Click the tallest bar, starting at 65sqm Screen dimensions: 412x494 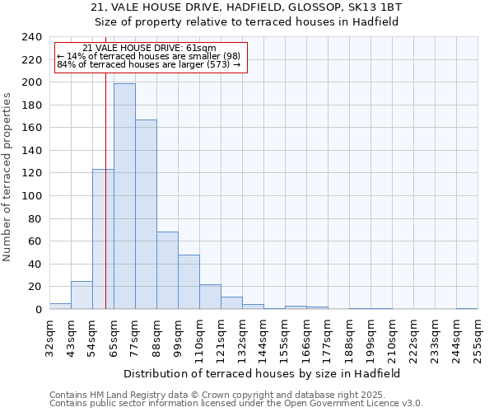click(124, 196)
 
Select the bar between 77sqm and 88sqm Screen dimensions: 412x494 click(146, 214)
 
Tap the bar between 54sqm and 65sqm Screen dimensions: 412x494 click(103, 239)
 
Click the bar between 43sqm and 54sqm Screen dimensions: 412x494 click(82, 295)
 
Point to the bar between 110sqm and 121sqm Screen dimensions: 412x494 click(210, 297)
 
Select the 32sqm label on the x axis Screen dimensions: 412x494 click(49, 336)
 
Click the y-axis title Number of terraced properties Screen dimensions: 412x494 click(8, 176)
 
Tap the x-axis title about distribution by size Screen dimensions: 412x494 click(263, 373)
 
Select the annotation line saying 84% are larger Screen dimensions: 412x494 click(148, 64)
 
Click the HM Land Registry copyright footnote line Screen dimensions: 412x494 click(235, 395)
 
